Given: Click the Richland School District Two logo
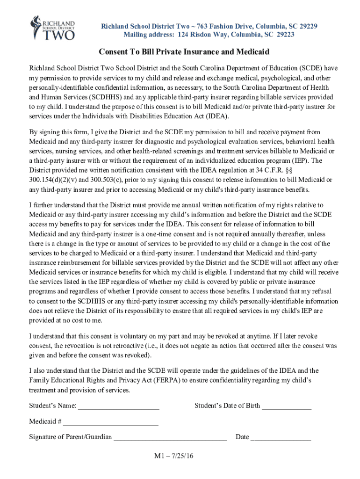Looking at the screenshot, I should [x=52, y=28].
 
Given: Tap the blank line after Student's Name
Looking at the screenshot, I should [x=118, y=406].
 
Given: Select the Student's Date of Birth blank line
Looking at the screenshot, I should [x=286, y=406].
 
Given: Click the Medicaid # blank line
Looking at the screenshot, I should [x=111, y=421].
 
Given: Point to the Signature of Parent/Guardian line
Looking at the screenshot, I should [x=170, y=437].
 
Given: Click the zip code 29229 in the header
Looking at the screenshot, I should [x=308, y=26].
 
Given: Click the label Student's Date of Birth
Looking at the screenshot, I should [x=227, y=406].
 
